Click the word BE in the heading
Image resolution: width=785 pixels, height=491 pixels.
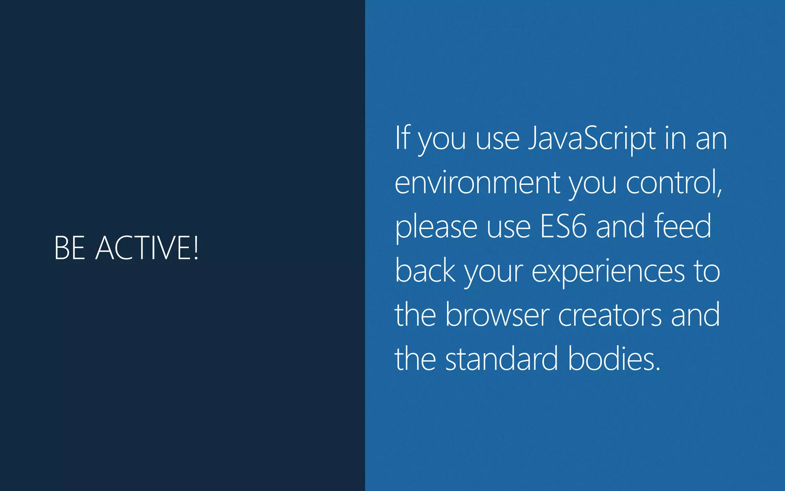coord(69,248)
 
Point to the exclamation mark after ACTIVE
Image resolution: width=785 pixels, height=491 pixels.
coord(196,248)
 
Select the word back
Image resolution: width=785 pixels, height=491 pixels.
coord(425,270)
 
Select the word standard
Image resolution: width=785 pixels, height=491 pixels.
coord(501,359)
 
